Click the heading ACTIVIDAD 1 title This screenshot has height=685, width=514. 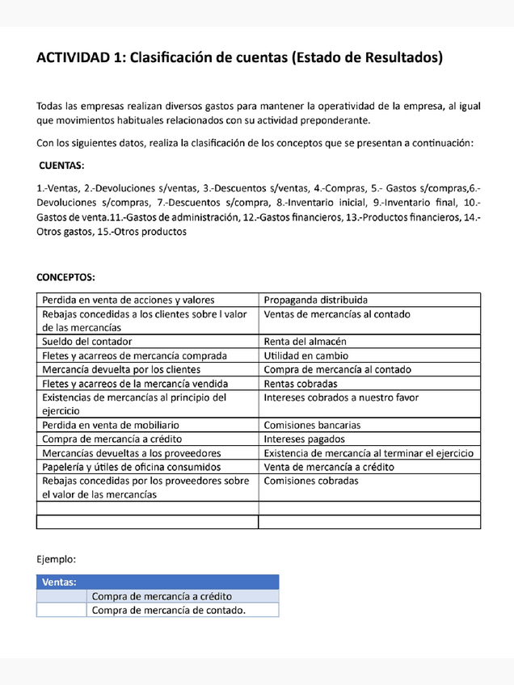pyautogui.click(x=239, y=58)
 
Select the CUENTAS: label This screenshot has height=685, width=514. pyautogui.click(x=61, y=166)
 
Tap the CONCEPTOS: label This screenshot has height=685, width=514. pyautogui.click(x=65, y=276)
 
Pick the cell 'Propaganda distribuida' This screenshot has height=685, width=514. pyautogui.click(x=315, y=300)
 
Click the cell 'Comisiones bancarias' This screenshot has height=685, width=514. pyautogui.click(x=312, y=424)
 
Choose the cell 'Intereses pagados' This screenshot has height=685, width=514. pyautogui.click(x=305, y=439)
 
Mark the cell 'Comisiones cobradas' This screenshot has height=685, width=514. pyautogui.click(x=311, y=481)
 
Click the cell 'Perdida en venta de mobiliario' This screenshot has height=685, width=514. pyautogui.click(x=111, y=424)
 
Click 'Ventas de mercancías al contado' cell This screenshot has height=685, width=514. pyautogui.click(x=337, y=314)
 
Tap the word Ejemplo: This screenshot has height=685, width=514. pyautogui.click(x=57, y=558)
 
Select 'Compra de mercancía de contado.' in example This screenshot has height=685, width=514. pyautogui.click(x=169, y=610)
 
